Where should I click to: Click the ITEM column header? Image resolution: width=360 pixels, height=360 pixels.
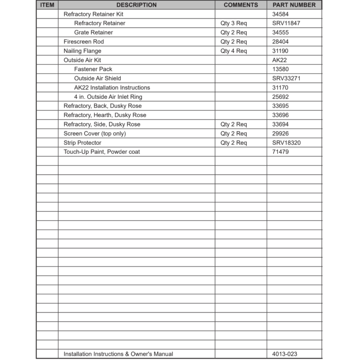(47, 5)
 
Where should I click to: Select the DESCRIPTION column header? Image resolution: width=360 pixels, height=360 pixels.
(136, 5)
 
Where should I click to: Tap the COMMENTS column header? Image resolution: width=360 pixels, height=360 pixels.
(241, 5)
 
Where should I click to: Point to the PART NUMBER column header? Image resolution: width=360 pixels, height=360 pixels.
(294, 5)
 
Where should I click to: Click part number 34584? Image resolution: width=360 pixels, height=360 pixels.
(280, 14)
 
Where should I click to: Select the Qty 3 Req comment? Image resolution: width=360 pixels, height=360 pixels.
(234, 23)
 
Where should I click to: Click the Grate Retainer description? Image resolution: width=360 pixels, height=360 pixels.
(94, 32)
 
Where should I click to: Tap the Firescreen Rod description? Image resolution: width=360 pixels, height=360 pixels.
(84, 42)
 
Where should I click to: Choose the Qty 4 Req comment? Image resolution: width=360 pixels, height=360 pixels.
(234, 51)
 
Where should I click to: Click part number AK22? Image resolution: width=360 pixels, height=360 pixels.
(280, 60)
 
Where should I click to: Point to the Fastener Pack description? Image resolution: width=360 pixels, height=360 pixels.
(93, 69)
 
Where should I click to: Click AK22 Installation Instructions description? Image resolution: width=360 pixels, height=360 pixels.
(112, 87)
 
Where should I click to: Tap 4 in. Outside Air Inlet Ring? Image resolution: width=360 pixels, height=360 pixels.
(108, 97)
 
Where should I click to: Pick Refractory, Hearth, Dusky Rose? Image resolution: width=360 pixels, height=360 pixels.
(105, 115)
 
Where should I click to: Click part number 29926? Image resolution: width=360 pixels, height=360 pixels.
(280, 134)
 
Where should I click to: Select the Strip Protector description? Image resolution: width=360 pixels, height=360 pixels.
(82, 143)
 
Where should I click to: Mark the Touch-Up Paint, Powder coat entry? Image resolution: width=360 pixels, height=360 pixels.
(102, 152)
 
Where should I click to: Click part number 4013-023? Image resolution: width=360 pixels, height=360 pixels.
(285, 354)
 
